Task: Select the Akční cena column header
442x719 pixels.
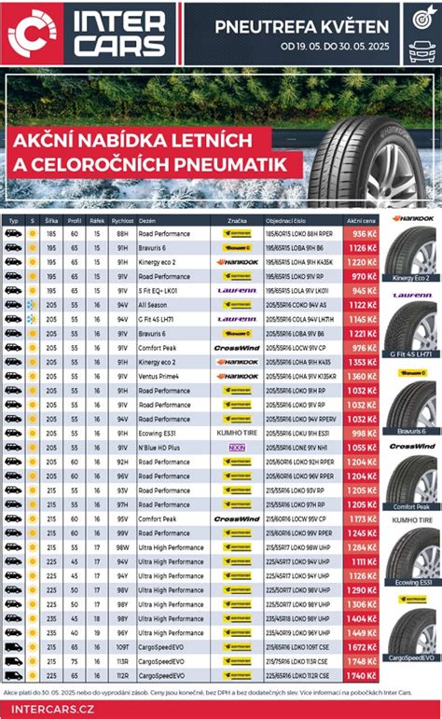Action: (x=361, y=220)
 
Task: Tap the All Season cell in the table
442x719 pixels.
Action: (x=154, y=305)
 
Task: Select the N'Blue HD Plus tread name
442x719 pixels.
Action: (x=161, y=448)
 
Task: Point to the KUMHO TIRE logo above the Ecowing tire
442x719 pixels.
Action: (x=410, y=519)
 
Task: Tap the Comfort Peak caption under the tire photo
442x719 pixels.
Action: (x=410, y=506)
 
